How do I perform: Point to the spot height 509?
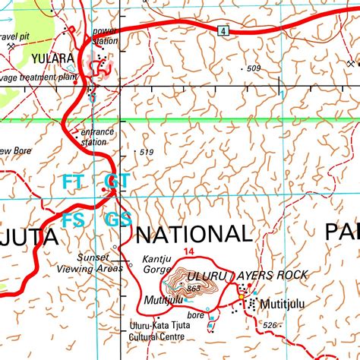tap(253, 69)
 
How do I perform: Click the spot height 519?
tap(147, 153)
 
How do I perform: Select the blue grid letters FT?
tap(74, 182)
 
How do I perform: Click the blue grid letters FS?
tap(74, 220)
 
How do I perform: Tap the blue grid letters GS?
tap(118, 220)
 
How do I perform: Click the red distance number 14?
tap(188, 252)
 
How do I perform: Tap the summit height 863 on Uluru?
tap(193, 289)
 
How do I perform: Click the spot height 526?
tap(270, 325)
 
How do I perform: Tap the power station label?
tap(105, 36)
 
